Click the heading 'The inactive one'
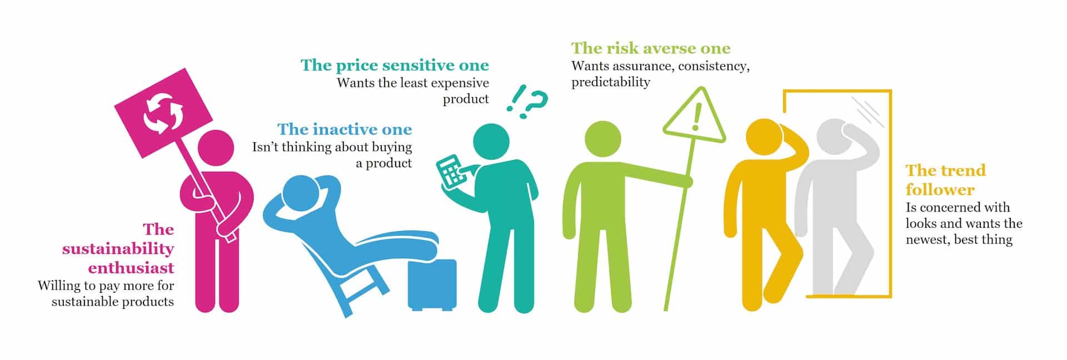coord(345,129)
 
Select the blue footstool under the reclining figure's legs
coord(432,284)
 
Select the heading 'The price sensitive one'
coord(395,66)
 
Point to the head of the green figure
coord(604,140)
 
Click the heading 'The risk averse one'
coord(651,48)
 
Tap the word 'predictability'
coord(611,82)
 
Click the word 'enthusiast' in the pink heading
coord(131,268)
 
